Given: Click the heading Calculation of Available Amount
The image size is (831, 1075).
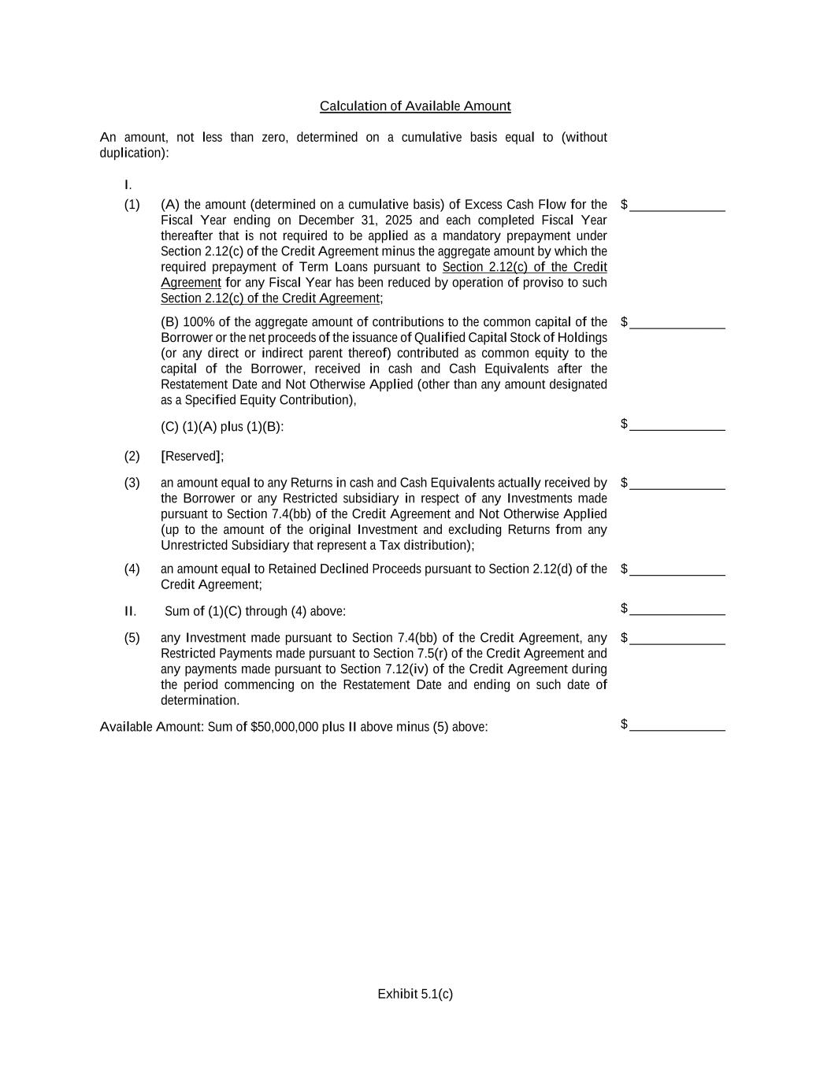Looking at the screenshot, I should click(x=415, y=106).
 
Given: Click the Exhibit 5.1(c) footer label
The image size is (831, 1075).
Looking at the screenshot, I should click(x=415, y=994).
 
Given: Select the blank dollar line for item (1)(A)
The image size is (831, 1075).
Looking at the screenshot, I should click(x=677, y=206).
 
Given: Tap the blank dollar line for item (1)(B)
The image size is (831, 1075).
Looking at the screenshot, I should click(x=677, y=324).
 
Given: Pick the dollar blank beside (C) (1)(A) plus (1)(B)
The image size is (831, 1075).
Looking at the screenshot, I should click(x=677, y=426).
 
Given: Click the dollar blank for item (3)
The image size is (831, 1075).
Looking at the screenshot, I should click(x=677, y=484).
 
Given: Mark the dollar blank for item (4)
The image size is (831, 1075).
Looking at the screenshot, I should click(x=677, y=571).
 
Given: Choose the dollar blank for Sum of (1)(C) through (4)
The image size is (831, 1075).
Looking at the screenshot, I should click(x=677, y=610).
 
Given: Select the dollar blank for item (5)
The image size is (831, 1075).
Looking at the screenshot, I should click(x=677, y=639).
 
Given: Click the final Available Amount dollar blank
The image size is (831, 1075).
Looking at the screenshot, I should click(x=677, y=726).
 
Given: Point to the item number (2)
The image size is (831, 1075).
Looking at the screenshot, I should click(x=132, y=457).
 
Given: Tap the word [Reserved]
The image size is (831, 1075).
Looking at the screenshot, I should click(x=191, y=457).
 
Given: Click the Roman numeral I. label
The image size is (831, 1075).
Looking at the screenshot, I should click(x=128, y=185).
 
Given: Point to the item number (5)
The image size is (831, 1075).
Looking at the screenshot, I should click(x=132, y=638).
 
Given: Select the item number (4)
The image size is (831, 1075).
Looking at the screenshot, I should click(x=132, y=569).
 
